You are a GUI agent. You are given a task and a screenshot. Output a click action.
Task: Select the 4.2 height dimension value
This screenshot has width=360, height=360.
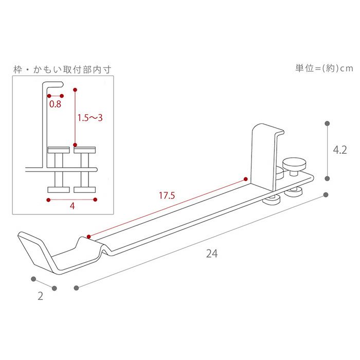pyautogui.click(x=340, y=150)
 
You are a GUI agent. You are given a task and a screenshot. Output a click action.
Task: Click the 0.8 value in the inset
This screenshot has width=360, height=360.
pyautogui.click(x=55, y=104)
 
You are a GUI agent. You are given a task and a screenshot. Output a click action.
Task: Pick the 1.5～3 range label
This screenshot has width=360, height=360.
pyautogui.click(x=90, y=118)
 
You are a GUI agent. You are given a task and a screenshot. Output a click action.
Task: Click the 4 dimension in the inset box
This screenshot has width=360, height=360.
pyautogui.click(x=72, y=206)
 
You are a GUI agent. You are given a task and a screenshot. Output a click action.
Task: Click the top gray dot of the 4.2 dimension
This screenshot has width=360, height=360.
pyautogui.click(x=327, y=123)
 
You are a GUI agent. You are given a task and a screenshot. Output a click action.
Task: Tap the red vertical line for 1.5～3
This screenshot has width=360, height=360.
pyautogui.click(x=75, y=119)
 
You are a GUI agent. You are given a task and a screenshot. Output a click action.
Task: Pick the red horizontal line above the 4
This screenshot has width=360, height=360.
pyautogui.click(x=72, y=199)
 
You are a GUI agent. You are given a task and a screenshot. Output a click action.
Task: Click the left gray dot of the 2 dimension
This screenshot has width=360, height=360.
pyautogui.click(x=33, y=279)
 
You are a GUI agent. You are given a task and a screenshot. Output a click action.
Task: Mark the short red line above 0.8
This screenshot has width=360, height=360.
pyautogui.click(x=55, y=96)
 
